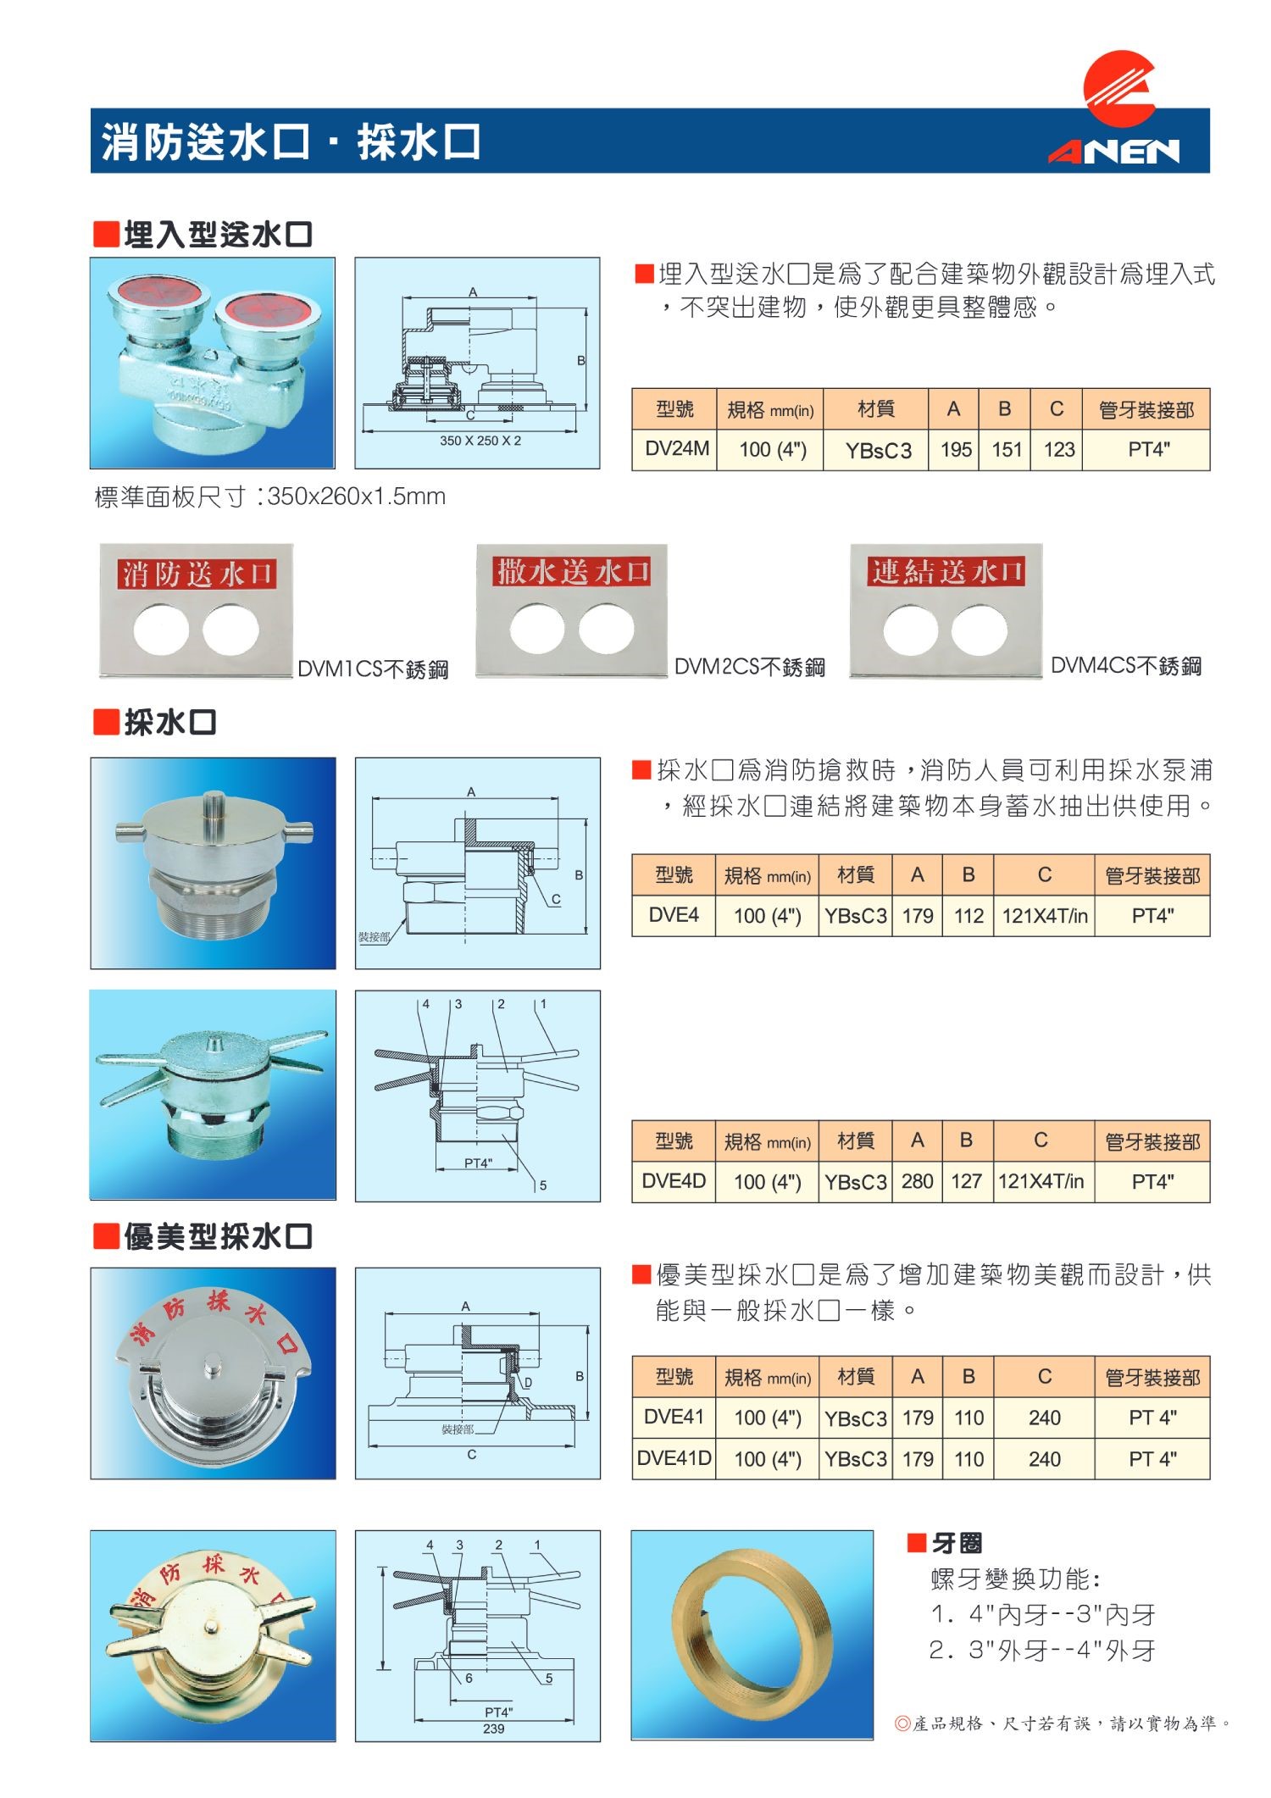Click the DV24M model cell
tap(675, 449)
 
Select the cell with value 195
tap(955, 449)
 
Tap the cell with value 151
tap(1006, 449)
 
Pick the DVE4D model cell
tap(674, 1181)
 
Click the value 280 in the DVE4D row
tap(917, 1181)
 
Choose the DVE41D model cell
tap(674, 1458)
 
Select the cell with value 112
tap(969, 916)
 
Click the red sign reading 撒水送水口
tap(573, 572)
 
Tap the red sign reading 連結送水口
tap(946, 572)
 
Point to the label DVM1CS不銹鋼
tap(373, 669)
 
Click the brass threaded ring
tap(752, 1634)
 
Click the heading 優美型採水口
tap(218, 1236)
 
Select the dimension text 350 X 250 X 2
tap(480, 441)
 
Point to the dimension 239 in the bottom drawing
tap(493, 1729)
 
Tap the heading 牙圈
tap(957, 1543)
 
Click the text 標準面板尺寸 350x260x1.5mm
tap(269, 497)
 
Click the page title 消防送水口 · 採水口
tap(291, 142)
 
